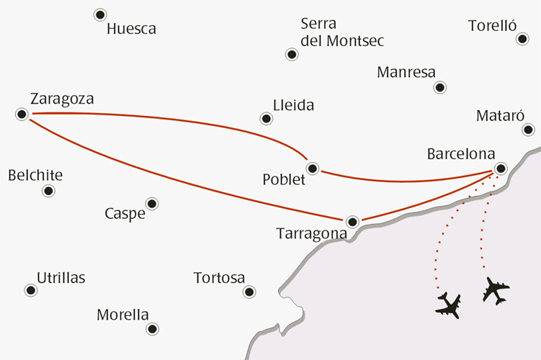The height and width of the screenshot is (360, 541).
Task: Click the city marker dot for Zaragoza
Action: pyautogui.click(x=22, y=114)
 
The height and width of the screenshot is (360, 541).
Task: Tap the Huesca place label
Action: pyautogui.click(x=131, y=30)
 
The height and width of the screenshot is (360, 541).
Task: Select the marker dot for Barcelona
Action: pyautogui.click(x=501, y=168)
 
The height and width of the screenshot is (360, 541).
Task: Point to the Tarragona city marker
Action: pyautogui.click(x=352, y=222)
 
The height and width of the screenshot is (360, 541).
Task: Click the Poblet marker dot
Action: pyautogui.click(x=312, y=168)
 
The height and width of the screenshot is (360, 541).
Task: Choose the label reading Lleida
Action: pyautogui.click(x=293, y=106)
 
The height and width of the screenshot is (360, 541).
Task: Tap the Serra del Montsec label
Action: pyautogui.click(x=342, y=32)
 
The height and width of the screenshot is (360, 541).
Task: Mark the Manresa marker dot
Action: pyautogui.click(x=440, y=87)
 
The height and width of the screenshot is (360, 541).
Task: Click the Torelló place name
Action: pyautogui.click(x=493, y=26)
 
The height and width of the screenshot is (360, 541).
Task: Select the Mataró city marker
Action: pyautogui.click(x=528, y=130)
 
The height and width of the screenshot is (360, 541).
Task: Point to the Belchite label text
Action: pyautogui.click(x=35, y=175)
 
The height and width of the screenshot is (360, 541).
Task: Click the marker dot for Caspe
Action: pyautogui.click(x=151, y=204)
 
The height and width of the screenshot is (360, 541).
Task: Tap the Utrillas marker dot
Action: pyautogui.click(x=30, y=290)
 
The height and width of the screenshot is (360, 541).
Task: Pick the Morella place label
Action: pyautogui.click(x=122, y=315)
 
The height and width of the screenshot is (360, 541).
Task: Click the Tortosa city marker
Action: pyautogui.click(x=249, y=292)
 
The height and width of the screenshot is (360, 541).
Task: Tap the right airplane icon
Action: pyautogui.click(x=496, y=290)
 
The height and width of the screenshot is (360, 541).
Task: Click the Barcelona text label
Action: pyautogui.click(x=461, y=154)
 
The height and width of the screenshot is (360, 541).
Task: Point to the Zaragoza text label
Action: pyautogui.click(x=63, y=99)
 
